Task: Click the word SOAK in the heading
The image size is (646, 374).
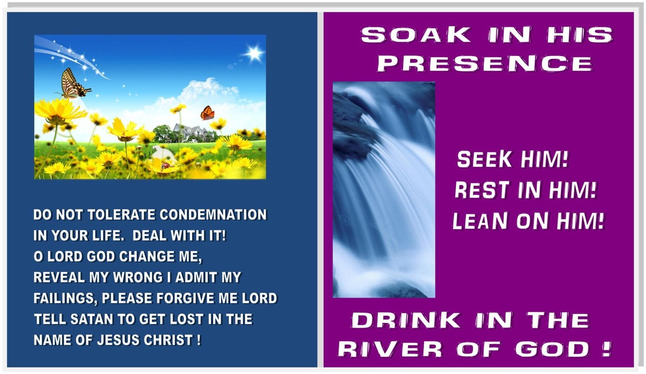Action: click(416, 35)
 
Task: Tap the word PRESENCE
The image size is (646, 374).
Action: click(484, 63)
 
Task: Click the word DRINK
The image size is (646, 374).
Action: click(406, 320)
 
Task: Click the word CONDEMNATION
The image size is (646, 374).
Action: click(213, 215)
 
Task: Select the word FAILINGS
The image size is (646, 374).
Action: click(66, 298)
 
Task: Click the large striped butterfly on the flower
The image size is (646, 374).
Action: click(74, 83)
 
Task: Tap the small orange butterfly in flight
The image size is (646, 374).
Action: click(207, 113)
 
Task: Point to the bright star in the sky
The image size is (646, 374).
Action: click(253, 53)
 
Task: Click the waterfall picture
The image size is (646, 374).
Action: click(383, 190)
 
